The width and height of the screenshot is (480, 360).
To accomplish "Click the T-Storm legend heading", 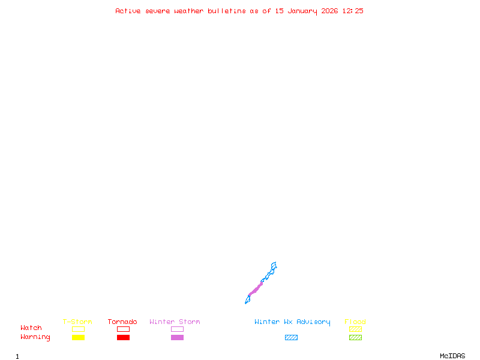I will click(x=77, y=322).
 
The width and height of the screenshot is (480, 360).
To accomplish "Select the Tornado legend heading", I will click(x=122, y=322).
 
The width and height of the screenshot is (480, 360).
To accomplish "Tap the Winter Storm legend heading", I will click(x=175, y=322).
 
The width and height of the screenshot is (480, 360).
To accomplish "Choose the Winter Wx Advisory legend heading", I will click(x=292, y=322).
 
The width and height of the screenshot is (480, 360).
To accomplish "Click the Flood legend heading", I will click(x=355, y=322).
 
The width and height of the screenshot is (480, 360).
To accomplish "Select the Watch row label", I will click(x=31, y=328).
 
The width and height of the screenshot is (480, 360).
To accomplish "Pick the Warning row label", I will click(x=35, y=337).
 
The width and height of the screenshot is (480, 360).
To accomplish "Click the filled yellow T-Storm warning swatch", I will click(x=78, y=337).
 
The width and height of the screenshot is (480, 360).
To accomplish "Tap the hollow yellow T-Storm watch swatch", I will click(x=78, y=329).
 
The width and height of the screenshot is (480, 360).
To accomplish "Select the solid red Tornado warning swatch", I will click(x=123, y=337).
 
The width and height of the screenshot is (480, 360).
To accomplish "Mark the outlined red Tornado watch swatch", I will click(x=123, y=329).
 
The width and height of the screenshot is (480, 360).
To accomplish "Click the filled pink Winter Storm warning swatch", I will click(x=177, y=337).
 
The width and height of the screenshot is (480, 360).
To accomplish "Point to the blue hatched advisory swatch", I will click(x=291, y=337).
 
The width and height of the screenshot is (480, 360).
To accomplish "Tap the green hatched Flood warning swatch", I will click(x=355, y=337).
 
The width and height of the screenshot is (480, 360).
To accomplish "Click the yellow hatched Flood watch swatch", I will click(x=355, y=329).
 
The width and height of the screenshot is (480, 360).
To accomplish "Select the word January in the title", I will click(x=302, y=11).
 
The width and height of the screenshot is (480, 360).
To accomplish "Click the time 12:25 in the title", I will click(x=353, y=11).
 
